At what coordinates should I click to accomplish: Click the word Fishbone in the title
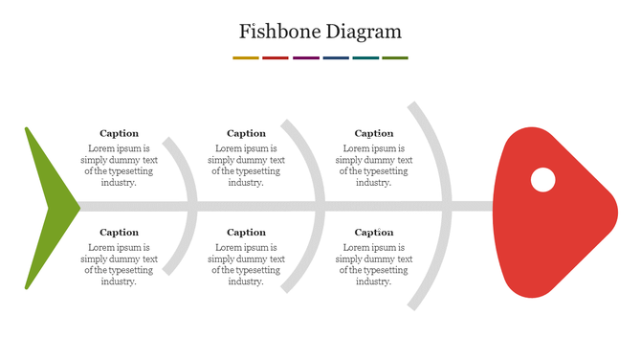[279, 32]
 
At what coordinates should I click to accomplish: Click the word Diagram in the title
[364, 32]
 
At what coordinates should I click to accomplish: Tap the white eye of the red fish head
[542, 179]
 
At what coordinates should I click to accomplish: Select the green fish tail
[48, 205]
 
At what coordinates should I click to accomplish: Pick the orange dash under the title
[246, 57]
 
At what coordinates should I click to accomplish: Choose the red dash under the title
[276, 57]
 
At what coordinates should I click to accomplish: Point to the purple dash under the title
[306, 57]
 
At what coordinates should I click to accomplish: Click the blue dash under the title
[336, 57]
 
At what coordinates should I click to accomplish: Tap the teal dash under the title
[365, 57]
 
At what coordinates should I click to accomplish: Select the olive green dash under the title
[395, 57]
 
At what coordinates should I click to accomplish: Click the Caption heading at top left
[119, 133]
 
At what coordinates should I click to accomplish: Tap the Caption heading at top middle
[246, 133]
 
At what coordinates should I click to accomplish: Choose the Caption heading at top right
[374, 133]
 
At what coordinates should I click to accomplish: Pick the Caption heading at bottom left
[119, 232]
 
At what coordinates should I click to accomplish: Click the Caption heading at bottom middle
[246, 232]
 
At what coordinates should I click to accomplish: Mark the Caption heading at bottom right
[374, 232]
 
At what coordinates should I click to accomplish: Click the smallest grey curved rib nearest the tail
[189, 172]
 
